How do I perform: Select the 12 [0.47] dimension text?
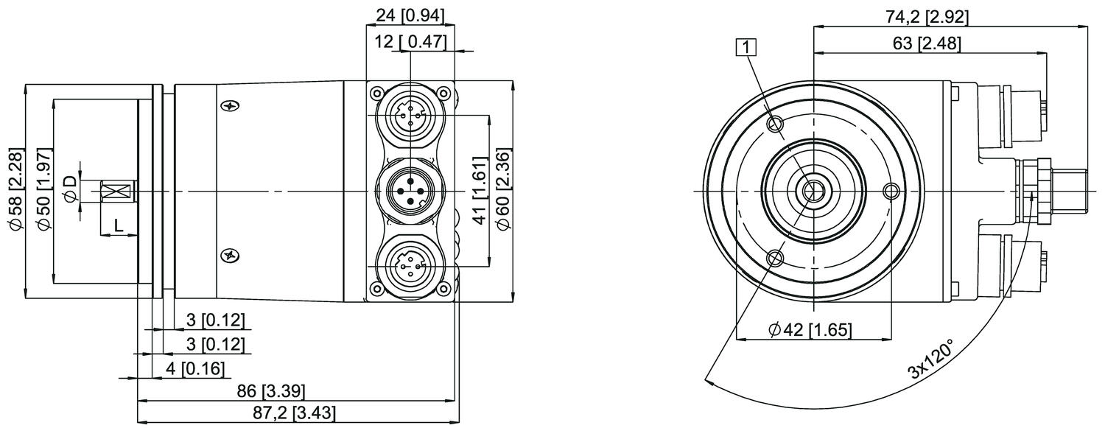point(410,42)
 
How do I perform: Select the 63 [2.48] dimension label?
point(926,43)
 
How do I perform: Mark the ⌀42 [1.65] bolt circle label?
point(809,330)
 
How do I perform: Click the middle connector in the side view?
point(410,190)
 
